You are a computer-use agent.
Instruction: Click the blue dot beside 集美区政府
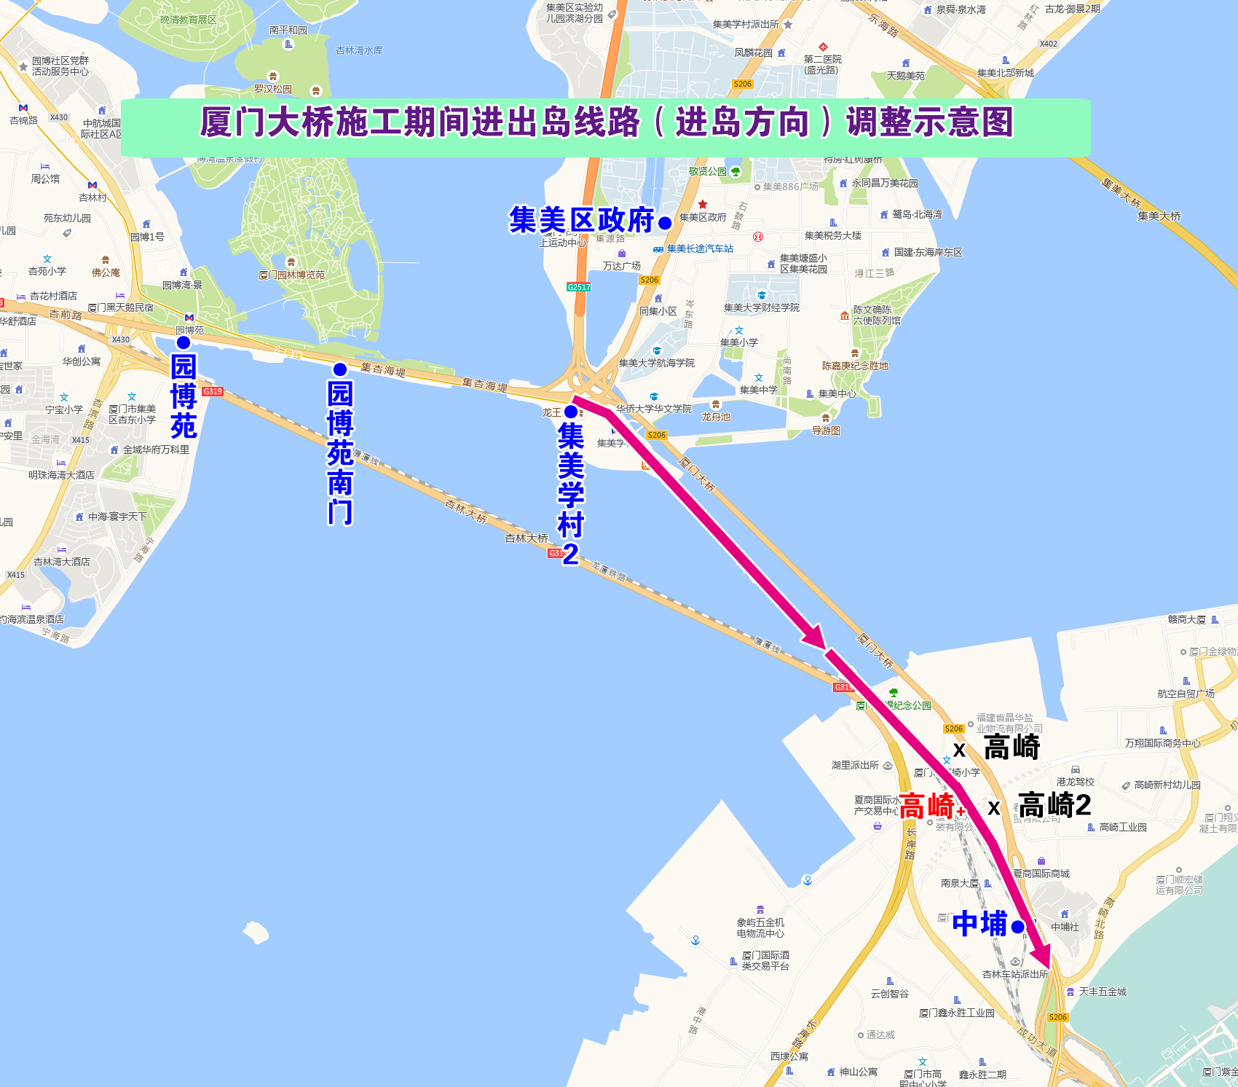pyautogui.click(x=665, y=223)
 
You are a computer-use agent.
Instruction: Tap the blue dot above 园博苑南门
pyautogui.click(x=340, y=369)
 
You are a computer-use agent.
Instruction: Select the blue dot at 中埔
pyautogui.click(x=1018, y=927)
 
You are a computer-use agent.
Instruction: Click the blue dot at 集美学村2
pyautogui.click(x=571, y=412)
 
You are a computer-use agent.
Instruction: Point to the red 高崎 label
pyautogui.click(x=926, y=807)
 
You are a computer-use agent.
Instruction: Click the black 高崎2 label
pyautogui.click(x=1054, y=805)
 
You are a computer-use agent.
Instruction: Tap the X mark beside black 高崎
pyautogui.click(x=960, y=750)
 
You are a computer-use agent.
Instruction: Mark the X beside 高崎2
pyautogui.click(x=994, y=808)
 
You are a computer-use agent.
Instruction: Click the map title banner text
pyautogui.click(x=606, y=122)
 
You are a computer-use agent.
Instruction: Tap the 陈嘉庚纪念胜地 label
pyautogui.click(x=855, y=366)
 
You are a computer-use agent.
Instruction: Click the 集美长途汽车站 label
pyautogui.click(x=700, y=248)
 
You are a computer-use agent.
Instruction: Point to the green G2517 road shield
pyautogui.click(x=579, y=287)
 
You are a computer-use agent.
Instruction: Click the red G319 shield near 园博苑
pyautogui.click(x=213, y=391)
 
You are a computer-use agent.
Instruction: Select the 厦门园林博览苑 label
pyautogui.click(x=292, y=275)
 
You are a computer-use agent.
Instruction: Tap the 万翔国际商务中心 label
pyautogui.click(x=1162, y=743)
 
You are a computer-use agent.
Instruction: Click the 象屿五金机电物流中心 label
pyautogui.click(x=760, y=927)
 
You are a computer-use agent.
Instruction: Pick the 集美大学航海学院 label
pyautogui.click(x=657, y=363)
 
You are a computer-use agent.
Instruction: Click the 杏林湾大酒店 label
pyautogui.click(x=62, y=562)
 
